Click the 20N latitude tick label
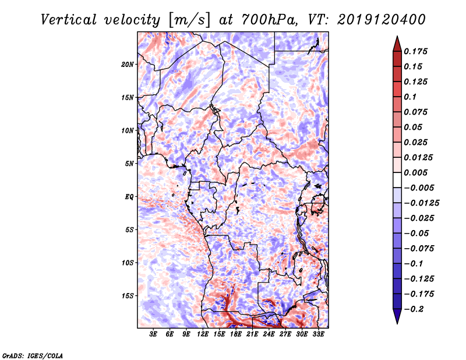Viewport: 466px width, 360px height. pos(128,65)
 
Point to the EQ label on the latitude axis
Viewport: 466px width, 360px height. pos(129,197)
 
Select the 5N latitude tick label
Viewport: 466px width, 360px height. pos(129,164)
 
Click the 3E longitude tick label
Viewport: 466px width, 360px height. pos(153,334)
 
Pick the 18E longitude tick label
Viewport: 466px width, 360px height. pos(236,334)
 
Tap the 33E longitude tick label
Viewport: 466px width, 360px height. pos(318,334)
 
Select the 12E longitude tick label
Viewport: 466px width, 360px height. pos(203,334)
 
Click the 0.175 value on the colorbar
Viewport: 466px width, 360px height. pos(415,51)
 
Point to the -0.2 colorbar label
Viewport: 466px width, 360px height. pos(414,309)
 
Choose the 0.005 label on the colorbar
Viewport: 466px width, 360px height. pos(415,172)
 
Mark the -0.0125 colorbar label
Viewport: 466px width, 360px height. pos(421,203)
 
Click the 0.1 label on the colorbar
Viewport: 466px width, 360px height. pos(410,97)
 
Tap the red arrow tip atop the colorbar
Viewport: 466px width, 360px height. pos(397,37)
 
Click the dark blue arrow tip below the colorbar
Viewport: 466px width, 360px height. pos(397,323)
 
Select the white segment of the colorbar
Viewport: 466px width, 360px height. pos(397,180)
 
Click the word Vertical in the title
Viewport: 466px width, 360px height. pos(69,20)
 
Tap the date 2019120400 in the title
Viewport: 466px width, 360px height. pos(382,20)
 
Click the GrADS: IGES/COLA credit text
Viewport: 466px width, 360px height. pos(33,355)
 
